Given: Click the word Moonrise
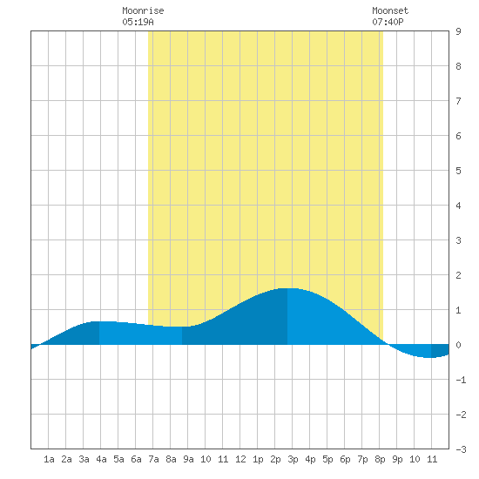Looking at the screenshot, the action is (143, 10).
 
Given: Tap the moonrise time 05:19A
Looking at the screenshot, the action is (138, 22).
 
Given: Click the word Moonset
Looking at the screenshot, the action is (390, 10).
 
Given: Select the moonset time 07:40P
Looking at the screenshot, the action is (388, 22).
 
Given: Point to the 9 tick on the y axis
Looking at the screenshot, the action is (458, 31).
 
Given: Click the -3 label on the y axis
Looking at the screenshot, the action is (461, 449).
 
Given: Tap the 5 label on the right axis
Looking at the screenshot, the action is (458, 171).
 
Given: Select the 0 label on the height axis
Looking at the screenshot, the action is (458, 345).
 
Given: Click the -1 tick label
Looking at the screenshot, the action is (461, 380).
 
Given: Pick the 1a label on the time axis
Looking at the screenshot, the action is (49, 459).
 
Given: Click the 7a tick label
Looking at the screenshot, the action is (153, 459).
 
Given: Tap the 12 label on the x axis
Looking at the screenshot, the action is (240, 459).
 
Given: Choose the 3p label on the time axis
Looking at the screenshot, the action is (293, 459).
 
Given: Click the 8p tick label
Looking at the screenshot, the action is (380, 459).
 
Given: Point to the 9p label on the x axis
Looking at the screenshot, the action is (397, 459).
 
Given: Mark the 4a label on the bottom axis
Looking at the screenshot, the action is (101, 459).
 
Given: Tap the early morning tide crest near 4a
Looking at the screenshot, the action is (99, 321).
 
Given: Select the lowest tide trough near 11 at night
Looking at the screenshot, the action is (431, 357).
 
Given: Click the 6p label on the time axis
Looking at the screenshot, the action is (345, 459).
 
